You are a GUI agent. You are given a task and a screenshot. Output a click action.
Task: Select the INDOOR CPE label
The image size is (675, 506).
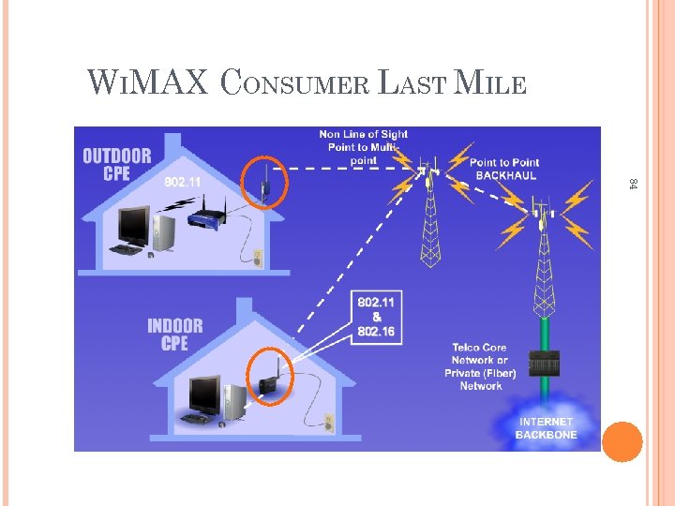pos(174,335)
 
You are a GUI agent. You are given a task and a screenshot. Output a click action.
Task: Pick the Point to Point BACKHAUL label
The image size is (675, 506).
pos(504,169)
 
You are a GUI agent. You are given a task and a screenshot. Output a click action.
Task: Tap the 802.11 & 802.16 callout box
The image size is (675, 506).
pos(377,319)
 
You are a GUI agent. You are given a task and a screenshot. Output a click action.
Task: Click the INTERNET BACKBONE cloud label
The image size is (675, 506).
pos(546,428)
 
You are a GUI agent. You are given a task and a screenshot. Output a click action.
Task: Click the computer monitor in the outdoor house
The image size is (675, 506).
pos(132,226)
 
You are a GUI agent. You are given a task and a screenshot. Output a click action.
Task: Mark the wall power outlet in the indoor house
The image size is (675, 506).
pos(328,424)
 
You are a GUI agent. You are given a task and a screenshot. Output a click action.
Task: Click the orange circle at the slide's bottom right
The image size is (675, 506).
pos(622,441)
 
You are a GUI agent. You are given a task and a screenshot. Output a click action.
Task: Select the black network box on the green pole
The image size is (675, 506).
pos(544,364)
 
